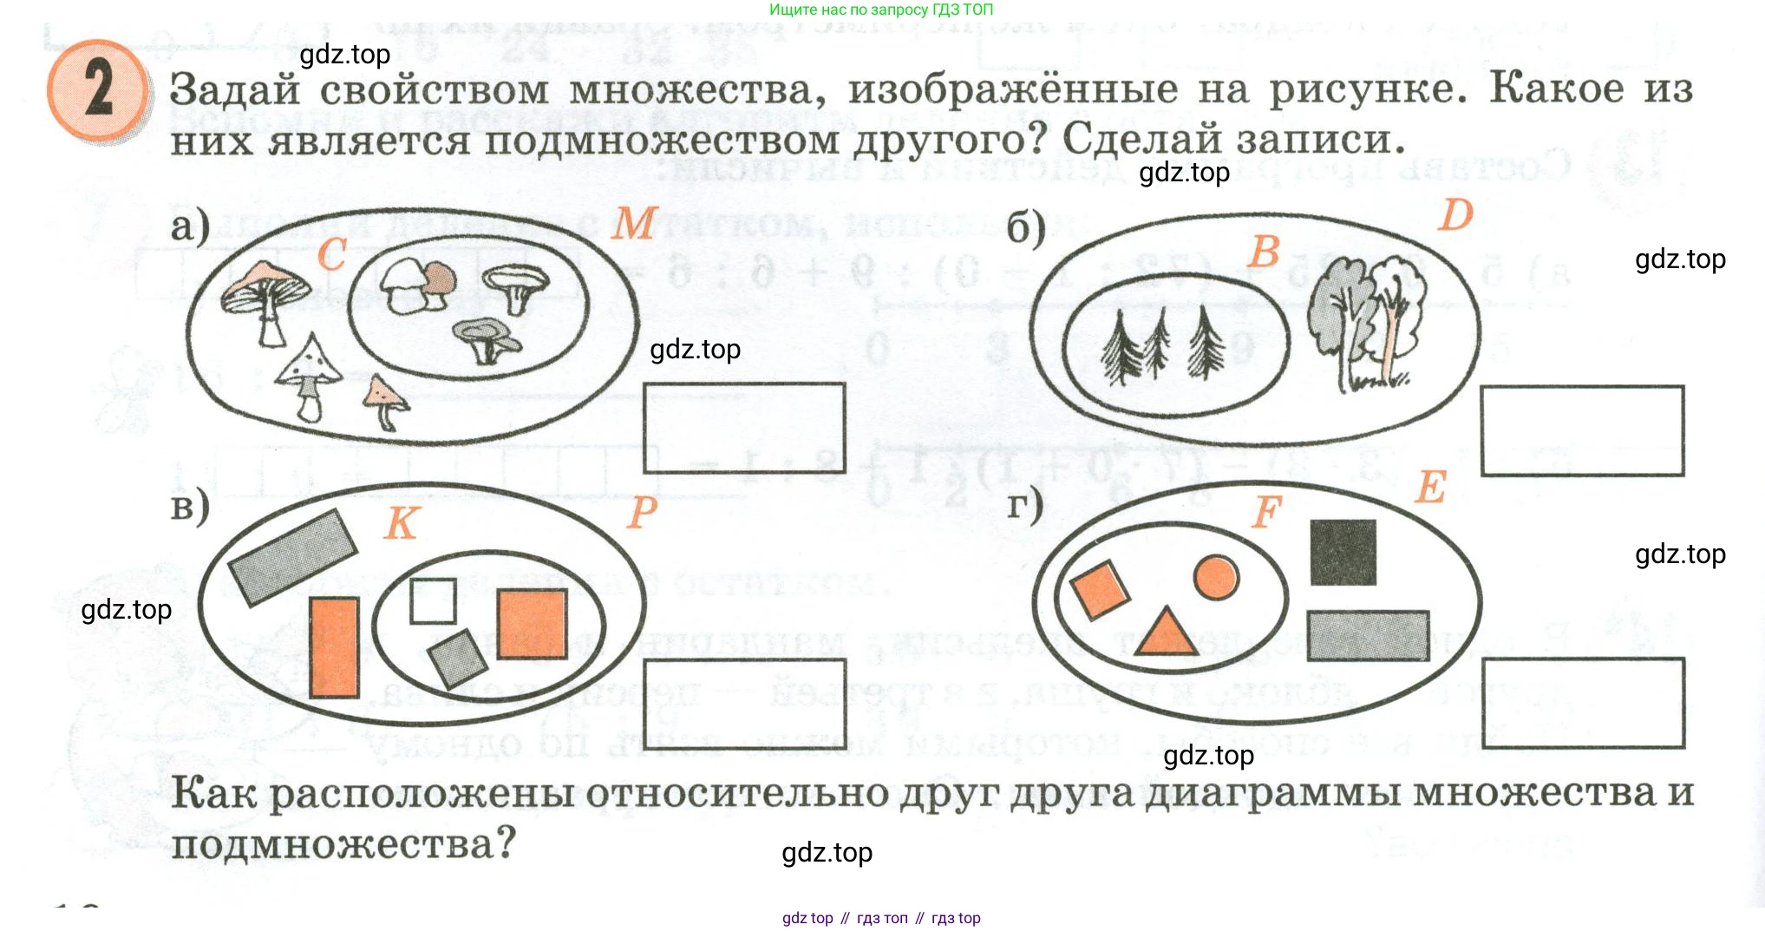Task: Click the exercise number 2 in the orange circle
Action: [x=98, y=89]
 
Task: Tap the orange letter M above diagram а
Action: [x=635, y=223]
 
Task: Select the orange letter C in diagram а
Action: [x=331, y=254]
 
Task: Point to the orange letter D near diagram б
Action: [x=1455, y=214]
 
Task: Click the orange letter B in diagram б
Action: [x=1264, y=252]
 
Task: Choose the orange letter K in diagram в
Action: [x=402, y=523]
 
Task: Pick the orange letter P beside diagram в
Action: [x=642, y=512]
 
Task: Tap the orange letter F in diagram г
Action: [x=1267, y=512]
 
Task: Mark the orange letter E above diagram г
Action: [x=1430, y=487]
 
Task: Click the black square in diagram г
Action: [x=1343, y=553]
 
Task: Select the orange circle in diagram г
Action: [x=1216, y=578]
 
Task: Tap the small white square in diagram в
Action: [x=433, y=600]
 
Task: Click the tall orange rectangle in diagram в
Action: [x=334, y=646]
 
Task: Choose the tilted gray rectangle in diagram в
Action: [x=292, y=557]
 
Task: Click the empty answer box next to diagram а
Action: [x=744, y=428]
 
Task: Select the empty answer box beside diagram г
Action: [x=1583, y=703]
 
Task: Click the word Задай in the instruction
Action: [x=235, y=89]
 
